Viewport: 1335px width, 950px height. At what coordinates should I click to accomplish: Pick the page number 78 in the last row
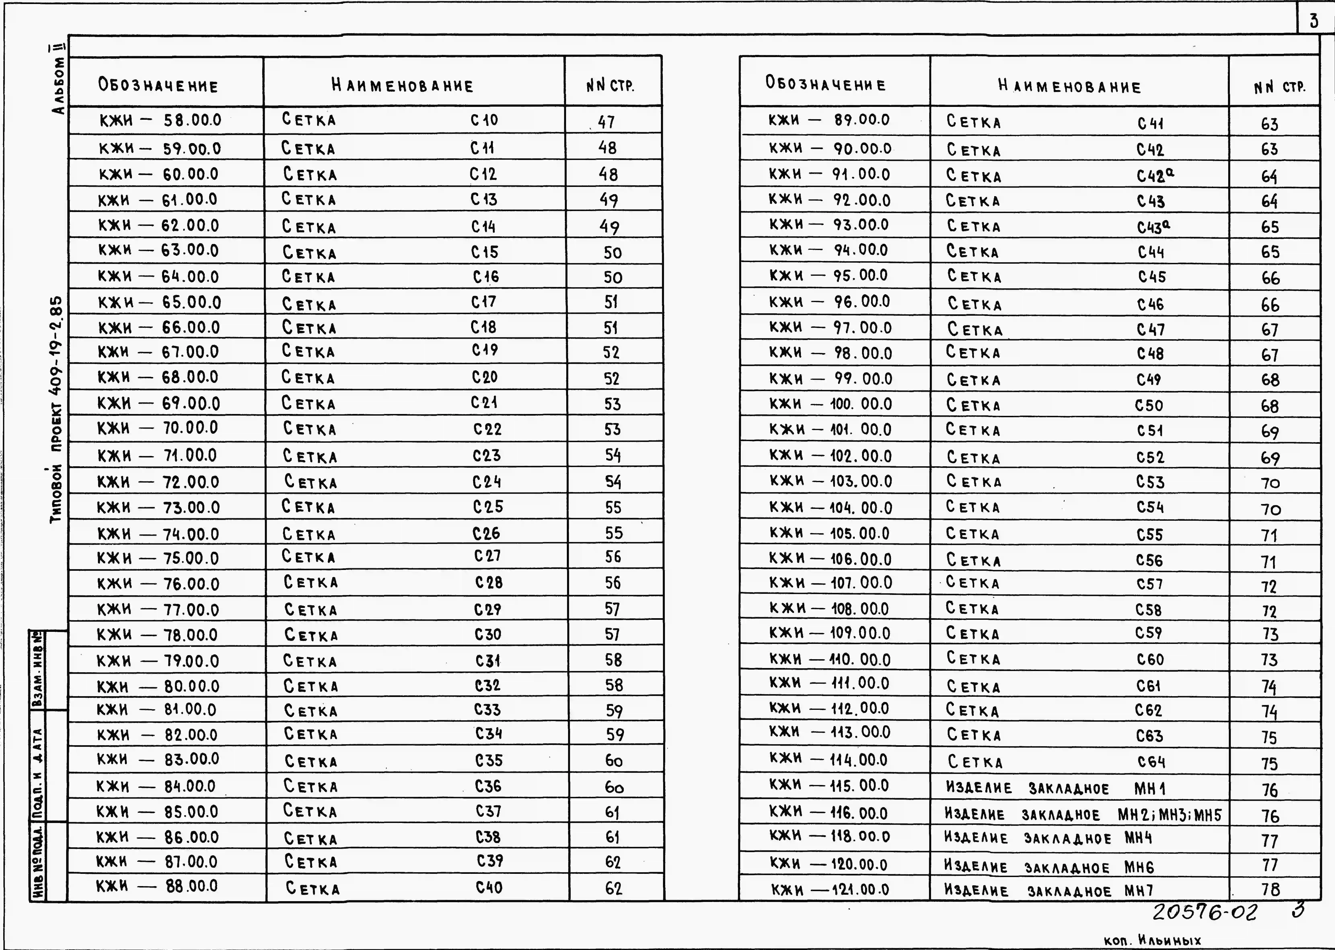coord(1270,890)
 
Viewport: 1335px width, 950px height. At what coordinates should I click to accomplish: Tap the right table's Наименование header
coord(1069,87)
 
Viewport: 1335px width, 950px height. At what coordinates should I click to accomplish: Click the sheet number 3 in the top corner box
coord(1313,21)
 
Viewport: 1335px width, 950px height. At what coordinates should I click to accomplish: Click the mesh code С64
coord(1151,762)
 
